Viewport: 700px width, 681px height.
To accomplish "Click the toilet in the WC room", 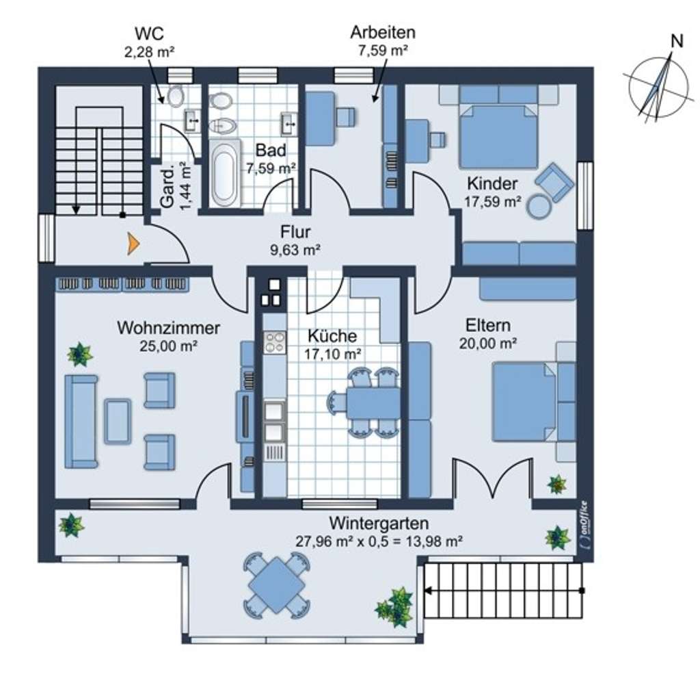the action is pyautogui.click(x=176, y=95).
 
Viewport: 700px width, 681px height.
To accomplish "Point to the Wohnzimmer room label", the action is pyautogui.click(x=168, y=328).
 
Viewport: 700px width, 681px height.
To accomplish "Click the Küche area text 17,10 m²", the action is pyautogui.click(x=333, y=354).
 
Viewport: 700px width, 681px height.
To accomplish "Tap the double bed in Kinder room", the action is pyautogui.click(x=498, y=136).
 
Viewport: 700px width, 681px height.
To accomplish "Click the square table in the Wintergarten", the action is pyautogui.click(x=277, y=584).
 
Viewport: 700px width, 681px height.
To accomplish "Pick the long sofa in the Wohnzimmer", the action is pyautogui.click(x=81, y=422).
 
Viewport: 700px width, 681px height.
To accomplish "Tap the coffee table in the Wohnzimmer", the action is pyautogui.click(x=118, y=422).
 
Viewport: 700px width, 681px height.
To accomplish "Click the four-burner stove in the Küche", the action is pyautogui.click(x=275, y=343).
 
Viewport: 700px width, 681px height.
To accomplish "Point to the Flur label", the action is pyautogui.click(x=295, y=232).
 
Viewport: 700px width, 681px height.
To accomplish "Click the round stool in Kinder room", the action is pyautogui.click(x=539, y=206).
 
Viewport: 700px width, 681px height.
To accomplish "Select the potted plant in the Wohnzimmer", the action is pyautogui.click(x=80, y=355).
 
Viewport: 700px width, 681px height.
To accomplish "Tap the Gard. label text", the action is pyautogui.click(x=167, y=188).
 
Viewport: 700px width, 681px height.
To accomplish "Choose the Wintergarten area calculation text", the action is pyautogui.click(x=379, y=541).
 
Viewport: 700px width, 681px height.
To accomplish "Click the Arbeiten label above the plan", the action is pyautogui.click(x=383, y=32).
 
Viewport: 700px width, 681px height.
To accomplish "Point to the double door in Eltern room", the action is pyautogui.click(x=493, y=478).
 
